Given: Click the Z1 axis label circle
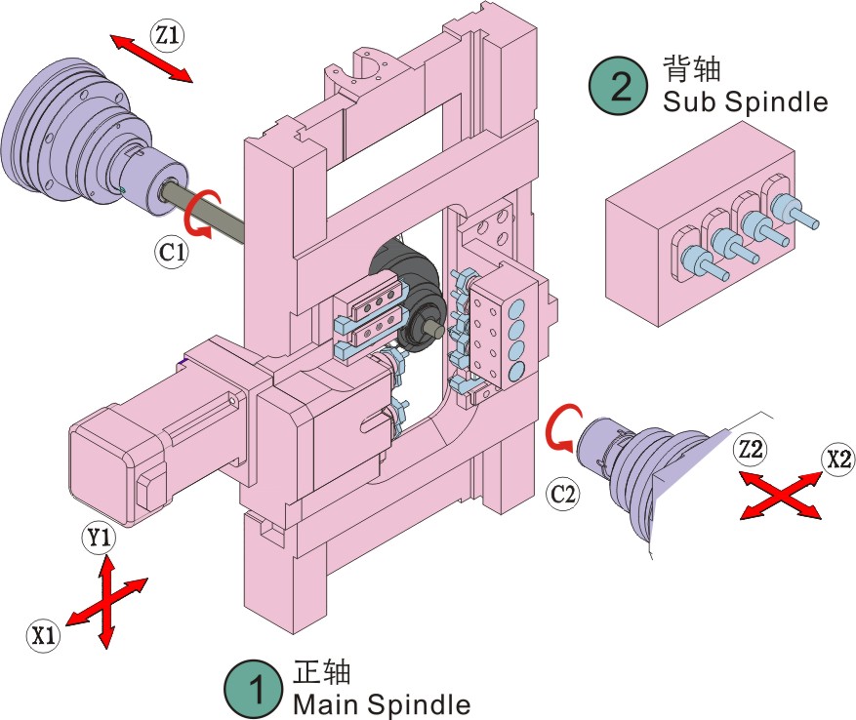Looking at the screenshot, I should [x=166, y=36].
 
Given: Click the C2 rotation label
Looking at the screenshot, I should [x=564, y=495].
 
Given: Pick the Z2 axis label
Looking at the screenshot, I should [x=752, y=451].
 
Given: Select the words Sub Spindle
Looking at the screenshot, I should [x=744, y=100].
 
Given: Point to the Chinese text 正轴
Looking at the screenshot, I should [x=321, y=673].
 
